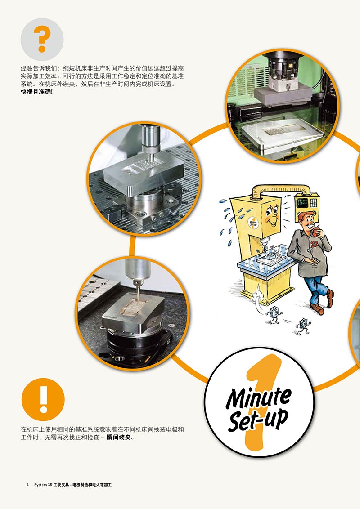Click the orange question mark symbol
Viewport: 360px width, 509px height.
click(42, 39)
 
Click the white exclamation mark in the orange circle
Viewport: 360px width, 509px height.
click(43, 399)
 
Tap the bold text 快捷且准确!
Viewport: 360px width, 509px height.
click(37, 92)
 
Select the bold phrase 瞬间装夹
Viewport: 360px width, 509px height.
click(119, 437)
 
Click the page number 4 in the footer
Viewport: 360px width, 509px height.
click(27, 485)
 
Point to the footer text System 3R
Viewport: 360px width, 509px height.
click(43, 485)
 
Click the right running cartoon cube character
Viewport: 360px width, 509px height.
click(303, 326)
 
